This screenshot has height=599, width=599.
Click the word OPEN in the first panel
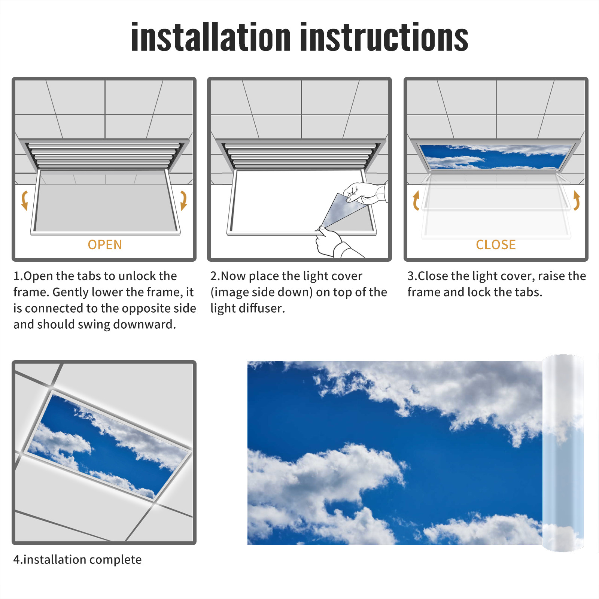[x=105, y=245]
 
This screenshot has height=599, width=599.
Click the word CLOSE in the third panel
[x=496, y=245]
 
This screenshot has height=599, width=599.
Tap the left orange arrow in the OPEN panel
[x=25, y=200]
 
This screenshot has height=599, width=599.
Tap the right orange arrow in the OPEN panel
[x=183, y=200]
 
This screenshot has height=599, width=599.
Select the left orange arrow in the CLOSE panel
[x=416, y=200]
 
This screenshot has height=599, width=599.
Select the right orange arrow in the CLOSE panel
[x=577, y=200]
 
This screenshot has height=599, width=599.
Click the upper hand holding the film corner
[x=365, y=193]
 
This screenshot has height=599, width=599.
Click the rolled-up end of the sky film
[x=563, y=453]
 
